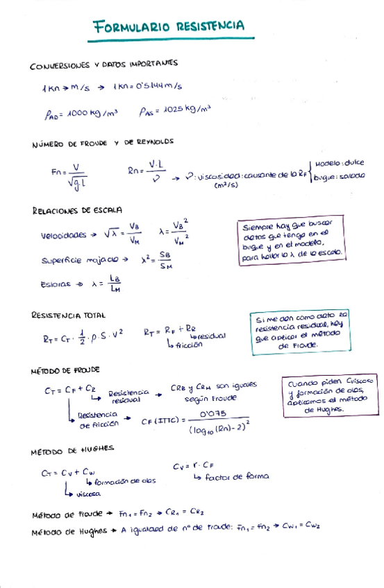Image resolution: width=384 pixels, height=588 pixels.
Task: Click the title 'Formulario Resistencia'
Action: [169, 27]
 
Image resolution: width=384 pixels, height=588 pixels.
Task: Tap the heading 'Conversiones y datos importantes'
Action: [103, 64]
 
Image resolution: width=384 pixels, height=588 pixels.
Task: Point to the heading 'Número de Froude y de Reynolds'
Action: [103, 143]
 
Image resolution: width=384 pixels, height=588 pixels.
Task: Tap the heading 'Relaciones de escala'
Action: [77, 209]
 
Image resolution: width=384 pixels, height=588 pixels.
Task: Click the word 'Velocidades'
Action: [64, 235]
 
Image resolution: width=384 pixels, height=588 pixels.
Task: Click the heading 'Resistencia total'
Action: [67, 315]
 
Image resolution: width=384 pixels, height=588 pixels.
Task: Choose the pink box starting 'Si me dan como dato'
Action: [299, 331]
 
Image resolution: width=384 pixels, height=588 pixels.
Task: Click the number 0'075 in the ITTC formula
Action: [215, 413]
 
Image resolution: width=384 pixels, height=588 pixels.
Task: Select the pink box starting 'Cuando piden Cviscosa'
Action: [329, 395]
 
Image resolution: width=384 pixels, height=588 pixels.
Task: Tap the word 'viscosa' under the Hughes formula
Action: [88, 494]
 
